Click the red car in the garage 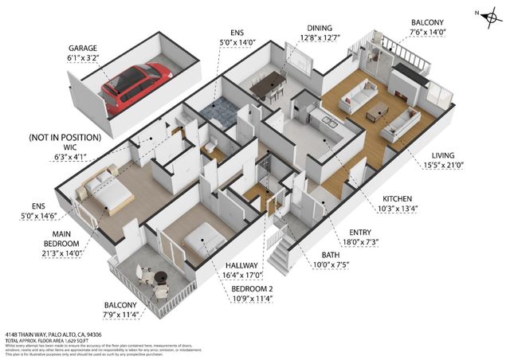(x=135, y=86)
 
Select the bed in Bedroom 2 (x=202, y=236)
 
